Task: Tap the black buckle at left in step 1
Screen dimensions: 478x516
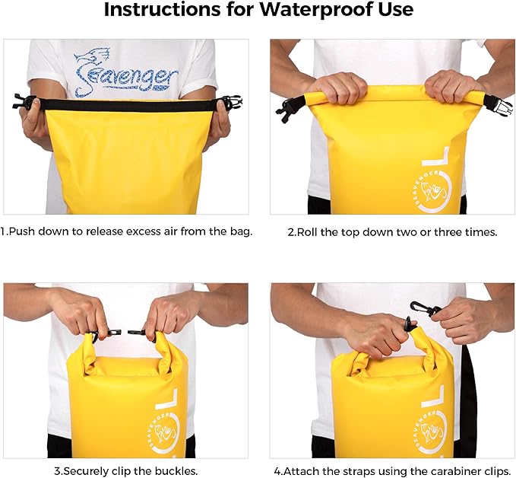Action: (24, 101)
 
